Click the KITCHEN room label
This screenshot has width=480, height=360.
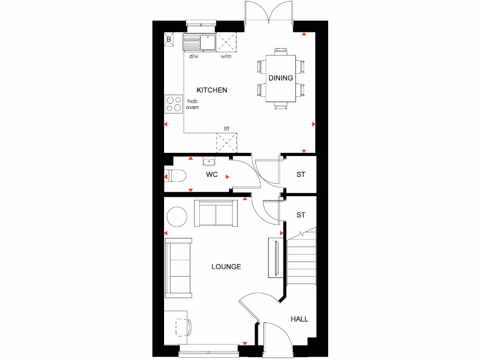[x=212, y=90]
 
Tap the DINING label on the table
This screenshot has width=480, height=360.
[x=281, y=78]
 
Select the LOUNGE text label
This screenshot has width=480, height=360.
[x=226, y=267]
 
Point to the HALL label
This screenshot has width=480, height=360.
[x=300, y=319]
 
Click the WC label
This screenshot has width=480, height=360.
[x=212, y=175]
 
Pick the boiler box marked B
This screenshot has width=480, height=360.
[x=169, y=39]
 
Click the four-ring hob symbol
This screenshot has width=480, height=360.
[x=174, y=104]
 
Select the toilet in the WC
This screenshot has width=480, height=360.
[x=176, y=176]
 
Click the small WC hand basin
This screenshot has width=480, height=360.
[x=209, y=162]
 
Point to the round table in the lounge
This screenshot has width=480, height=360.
[x=177, y=217]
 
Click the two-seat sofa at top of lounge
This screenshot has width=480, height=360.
[x=215, y=213]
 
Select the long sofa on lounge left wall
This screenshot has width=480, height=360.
[x=179, y=268]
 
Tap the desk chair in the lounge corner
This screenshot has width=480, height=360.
[x=183, y=326]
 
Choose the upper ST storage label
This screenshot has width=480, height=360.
[x=301, y=174]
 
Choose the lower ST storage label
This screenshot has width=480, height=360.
[x=301, y=215]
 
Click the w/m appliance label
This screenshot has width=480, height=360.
[x=226, y=57]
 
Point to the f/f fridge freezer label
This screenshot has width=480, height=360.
[x=227, y=128]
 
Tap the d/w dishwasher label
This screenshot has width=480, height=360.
[x=194, y=57]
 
